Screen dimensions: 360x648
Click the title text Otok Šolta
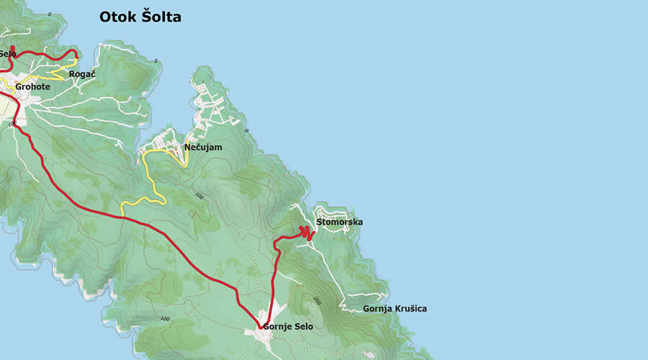pos(140,17)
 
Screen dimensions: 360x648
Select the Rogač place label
pos(82,74)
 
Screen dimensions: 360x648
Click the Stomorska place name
pos(339,222)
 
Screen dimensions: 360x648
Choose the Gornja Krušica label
pos(395,309)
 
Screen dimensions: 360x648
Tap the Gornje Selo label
pos(288,327)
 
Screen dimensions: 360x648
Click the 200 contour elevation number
pos(317,300)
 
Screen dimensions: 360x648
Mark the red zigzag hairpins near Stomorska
pos(306,232)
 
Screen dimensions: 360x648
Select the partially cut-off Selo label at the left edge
pos(7,54)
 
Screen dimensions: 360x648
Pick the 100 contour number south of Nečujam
pos(199,196)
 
